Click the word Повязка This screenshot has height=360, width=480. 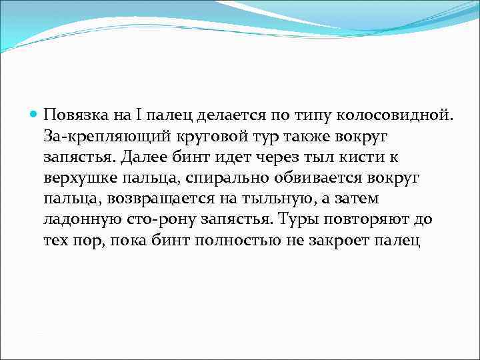point(72,117)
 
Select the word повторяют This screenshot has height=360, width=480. point(363,220)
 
